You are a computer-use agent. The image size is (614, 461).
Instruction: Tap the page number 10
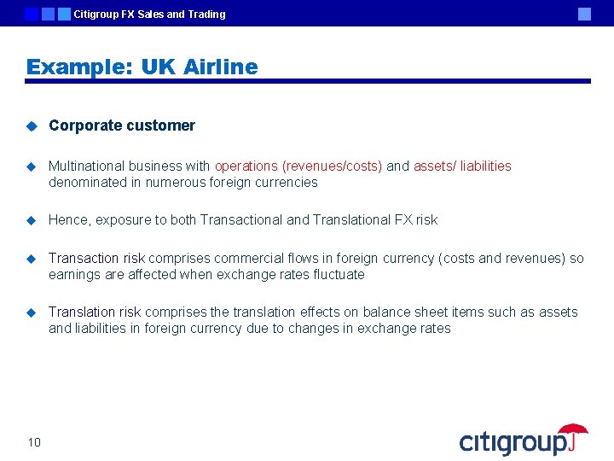pyautogui.click(x=34, y=441)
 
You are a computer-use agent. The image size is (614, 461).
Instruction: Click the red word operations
pyautogui.click(x=246, y=166)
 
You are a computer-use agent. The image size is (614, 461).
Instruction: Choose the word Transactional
pyautogui.click(x=241, y=219)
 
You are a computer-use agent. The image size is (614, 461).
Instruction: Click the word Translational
pyautogui.click(x=351, y=219)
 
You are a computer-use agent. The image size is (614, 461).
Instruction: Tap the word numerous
pyautogui.click(x=174, y=182)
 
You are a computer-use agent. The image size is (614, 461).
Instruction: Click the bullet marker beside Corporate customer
pyautogui.click(x=31, y=126)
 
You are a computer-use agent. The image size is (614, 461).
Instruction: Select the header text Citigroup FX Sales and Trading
pyautogui.click(x=150, y=14)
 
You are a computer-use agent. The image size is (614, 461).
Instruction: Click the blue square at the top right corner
pyautogui.click(x=584, y=14)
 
